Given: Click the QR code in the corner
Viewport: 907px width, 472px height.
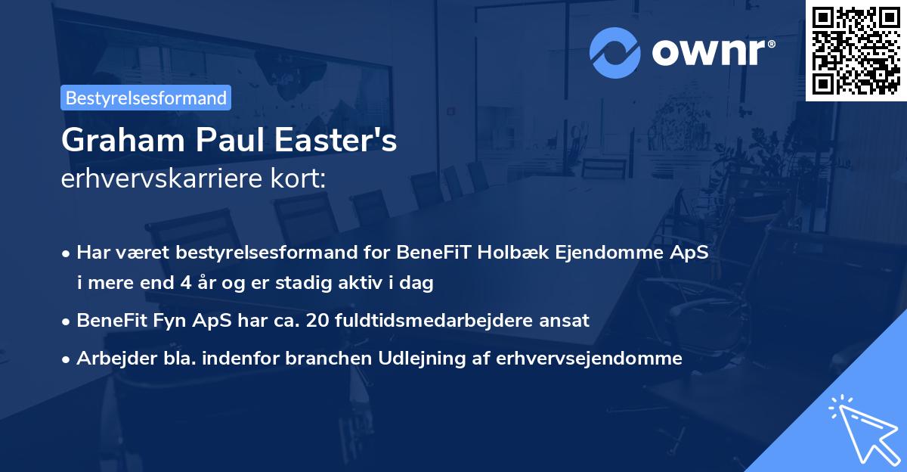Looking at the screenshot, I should tap(856, 51).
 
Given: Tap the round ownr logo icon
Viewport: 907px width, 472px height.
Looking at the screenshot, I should tap(614, 52).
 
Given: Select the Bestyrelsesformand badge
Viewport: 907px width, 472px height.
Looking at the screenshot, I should tap(146, 98).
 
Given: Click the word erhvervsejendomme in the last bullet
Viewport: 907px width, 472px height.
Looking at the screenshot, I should tap(589, 359).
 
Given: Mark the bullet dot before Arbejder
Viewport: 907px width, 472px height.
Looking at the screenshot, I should tap(67, 359).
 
